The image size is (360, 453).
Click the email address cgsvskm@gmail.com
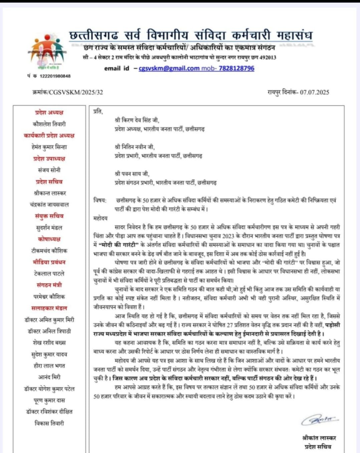click(169, 68)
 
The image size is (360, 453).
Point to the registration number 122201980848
click(55, 76)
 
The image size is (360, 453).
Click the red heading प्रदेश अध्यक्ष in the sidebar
click(49, 112)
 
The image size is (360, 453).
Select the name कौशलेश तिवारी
click(49, 124)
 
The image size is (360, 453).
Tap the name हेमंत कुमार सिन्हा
click(49, 147)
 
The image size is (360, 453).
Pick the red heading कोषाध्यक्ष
click(49, 239)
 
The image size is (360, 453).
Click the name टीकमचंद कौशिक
click(49, 251)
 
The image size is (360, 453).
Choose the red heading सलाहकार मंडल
click(49, 308)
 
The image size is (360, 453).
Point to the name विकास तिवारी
click(49, 423)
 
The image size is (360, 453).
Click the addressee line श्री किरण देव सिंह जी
click(137, 120)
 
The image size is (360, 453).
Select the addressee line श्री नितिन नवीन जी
click(135, 147)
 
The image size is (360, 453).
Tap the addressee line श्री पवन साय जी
click(132, 174)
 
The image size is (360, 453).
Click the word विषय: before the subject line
click(100, 200)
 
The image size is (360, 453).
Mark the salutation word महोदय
click(100, 218)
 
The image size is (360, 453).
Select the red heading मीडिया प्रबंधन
click(49, 262)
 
